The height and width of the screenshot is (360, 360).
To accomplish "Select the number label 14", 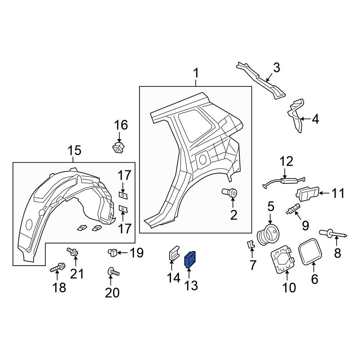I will point(173,278).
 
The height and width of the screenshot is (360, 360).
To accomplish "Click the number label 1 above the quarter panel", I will point(196,74).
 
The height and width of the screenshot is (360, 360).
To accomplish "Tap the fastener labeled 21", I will point(72,252).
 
